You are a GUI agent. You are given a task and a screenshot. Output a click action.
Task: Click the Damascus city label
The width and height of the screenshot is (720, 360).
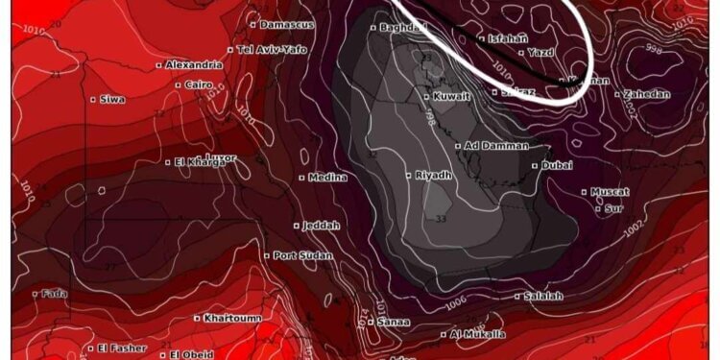(x=282, y=23)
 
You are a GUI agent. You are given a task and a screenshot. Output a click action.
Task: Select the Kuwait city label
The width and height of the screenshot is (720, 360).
(x=451, y=97)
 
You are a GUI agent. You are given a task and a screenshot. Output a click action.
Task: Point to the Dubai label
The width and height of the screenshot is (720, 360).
(x=557, y=166)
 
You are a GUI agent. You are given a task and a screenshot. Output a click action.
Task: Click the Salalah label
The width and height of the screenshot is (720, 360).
(x=544, y=296)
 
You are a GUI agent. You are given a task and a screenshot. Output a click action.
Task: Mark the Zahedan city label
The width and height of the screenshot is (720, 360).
(x=647, y=94)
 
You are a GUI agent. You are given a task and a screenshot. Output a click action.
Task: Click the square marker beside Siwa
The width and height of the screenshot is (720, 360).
(x=93, y=99)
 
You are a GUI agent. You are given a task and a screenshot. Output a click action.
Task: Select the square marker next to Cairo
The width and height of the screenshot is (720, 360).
(x=179, y=84)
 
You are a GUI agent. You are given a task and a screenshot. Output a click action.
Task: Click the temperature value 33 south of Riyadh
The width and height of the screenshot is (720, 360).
(x=441, y=220)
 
